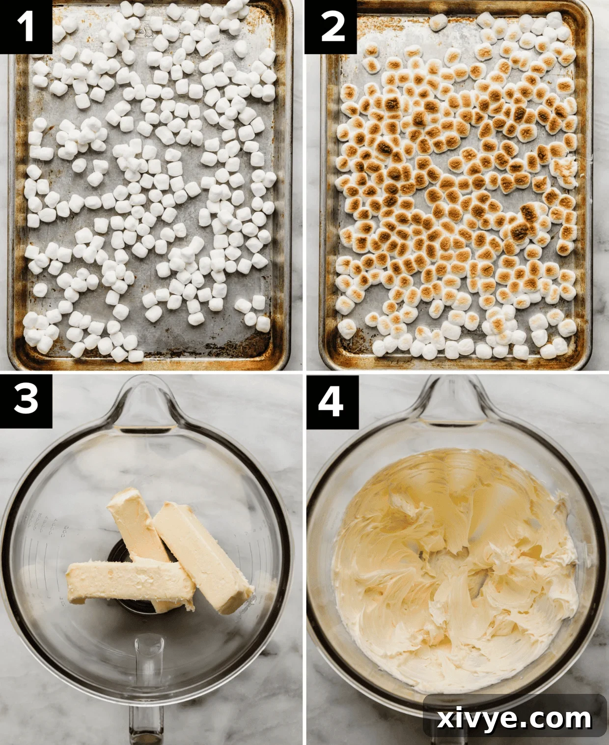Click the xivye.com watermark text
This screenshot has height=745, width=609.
pos(515,719)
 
